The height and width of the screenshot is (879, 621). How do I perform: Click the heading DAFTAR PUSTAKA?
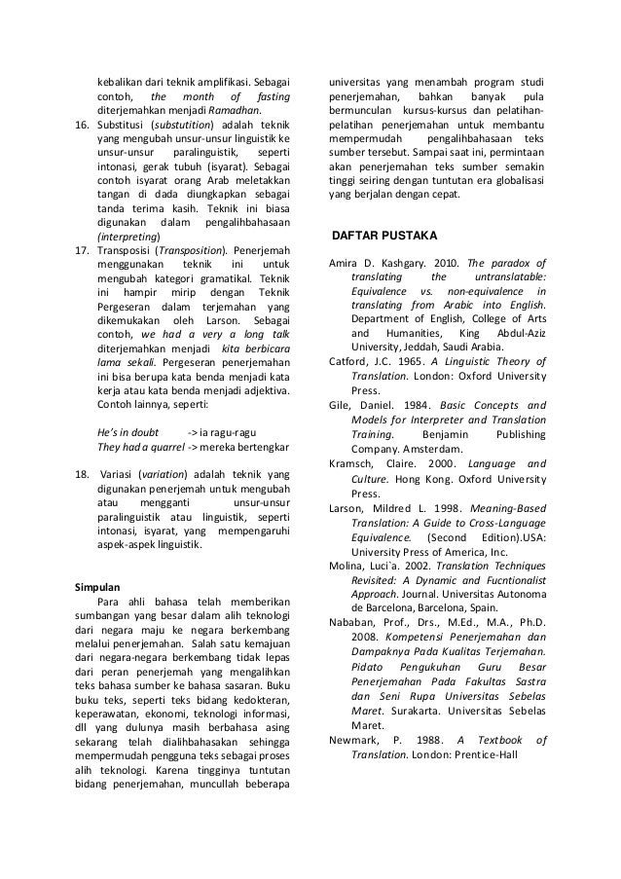pos(385,237)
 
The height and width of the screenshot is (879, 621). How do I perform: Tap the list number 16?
pos(83,126)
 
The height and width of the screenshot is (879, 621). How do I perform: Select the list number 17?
pos(83,249)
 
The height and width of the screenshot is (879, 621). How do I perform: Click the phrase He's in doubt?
pos(135,430)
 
